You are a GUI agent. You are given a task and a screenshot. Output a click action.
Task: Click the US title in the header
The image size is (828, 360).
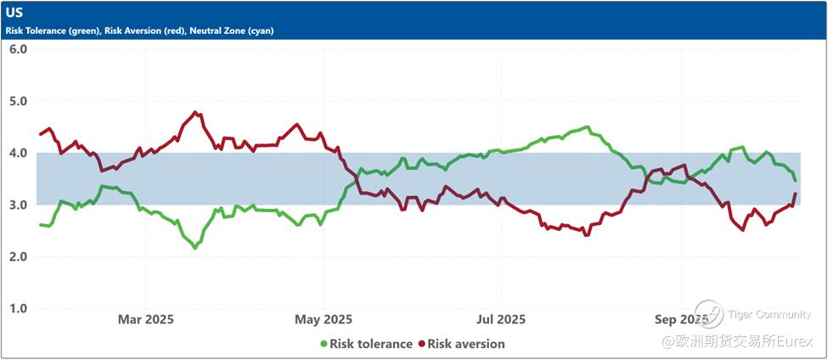pyautogui.click(x=14, y=13)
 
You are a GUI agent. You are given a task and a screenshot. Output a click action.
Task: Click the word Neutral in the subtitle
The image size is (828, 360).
pyautogui.click(x=208, y=31)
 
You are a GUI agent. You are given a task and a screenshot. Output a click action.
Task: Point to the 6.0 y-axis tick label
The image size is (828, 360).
pyautogui.click(x=18, y=49)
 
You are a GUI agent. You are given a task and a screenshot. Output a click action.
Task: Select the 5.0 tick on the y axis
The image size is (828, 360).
pyautogui.click(x=18, y=101)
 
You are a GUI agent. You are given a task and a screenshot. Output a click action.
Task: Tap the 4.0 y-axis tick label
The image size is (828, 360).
pyautogui.click(x=18, y=153)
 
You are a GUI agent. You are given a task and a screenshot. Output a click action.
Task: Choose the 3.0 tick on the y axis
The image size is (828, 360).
pyautogui.click(x=18, y=205)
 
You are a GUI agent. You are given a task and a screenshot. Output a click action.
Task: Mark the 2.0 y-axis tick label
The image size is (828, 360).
pyautogui.click(x=18, y=256)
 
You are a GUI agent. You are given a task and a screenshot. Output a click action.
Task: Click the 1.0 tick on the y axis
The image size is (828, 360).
pyautogui.click(x=18, y=308)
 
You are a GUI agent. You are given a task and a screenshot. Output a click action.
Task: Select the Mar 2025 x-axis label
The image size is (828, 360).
pyautogui.click(x=145, y=319)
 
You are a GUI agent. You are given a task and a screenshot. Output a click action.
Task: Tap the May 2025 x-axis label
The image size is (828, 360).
pyautogui.click(x=323, y=319)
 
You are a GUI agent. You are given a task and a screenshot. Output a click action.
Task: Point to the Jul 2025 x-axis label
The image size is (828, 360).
pyautogui.click(x=500, y=319)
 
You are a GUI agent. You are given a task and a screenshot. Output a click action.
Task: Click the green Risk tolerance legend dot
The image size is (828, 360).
pyautogui.click(x=324, y=344)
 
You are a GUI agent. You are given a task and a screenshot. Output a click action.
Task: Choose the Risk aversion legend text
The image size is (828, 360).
pyautogui.click(x=466, y=344)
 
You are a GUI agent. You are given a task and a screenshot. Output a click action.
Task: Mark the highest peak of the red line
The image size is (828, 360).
pyautogui.click(x=196, y=112)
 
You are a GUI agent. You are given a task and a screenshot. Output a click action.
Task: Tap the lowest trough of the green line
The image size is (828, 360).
pyautogui.click(x=195, y=248)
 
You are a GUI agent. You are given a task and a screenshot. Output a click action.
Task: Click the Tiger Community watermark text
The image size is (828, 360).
pyautogui.click(x=769, y=315)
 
